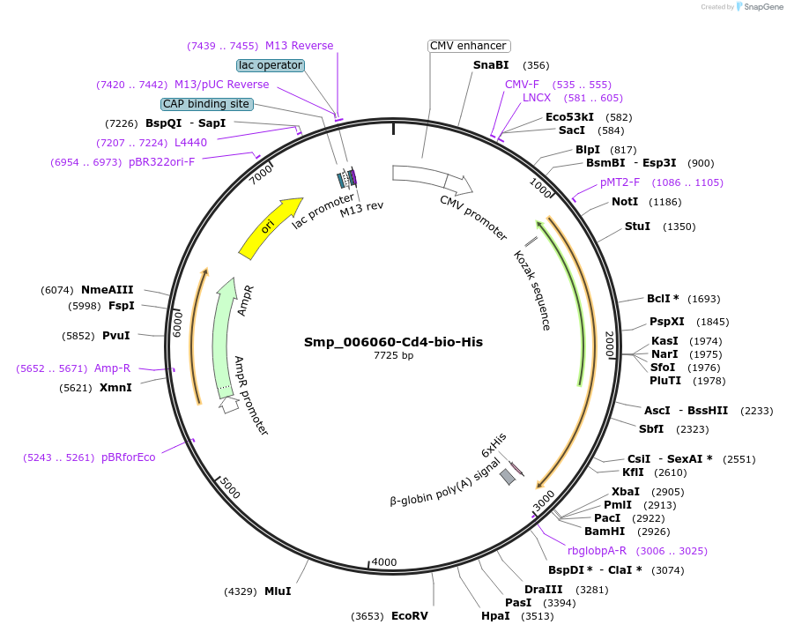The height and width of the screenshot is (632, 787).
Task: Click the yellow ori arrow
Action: point(269,227)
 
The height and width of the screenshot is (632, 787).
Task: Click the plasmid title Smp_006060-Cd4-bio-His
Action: point(393,342)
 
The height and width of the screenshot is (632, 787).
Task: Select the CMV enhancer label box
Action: point(469,46)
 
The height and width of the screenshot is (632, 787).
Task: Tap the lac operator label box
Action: point(271,65)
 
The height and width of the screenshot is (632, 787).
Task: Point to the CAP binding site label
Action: point(206,104)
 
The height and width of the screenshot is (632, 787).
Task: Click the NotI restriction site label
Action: point(625,202)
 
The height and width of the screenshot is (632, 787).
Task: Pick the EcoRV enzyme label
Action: point(409,616)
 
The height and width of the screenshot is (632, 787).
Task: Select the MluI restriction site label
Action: point(278,591)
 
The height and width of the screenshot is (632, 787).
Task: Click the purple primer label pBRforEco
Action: point(128,457)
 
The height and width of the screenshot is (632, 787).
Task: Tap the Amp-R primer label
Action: point(112,368)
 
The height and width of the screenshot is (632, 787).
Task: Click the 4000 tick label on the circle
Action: point(384,561)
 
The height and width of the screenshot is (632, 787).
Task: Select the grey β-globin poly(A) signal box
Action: point(508,477)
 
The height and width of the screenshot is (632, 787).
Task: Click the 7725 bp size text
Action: point(393,356)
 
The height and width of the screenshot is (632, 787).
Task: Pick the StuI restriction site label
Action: point(637,227)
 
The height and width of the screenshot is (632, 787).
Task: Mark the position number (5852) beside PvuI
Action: point(78,336)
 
